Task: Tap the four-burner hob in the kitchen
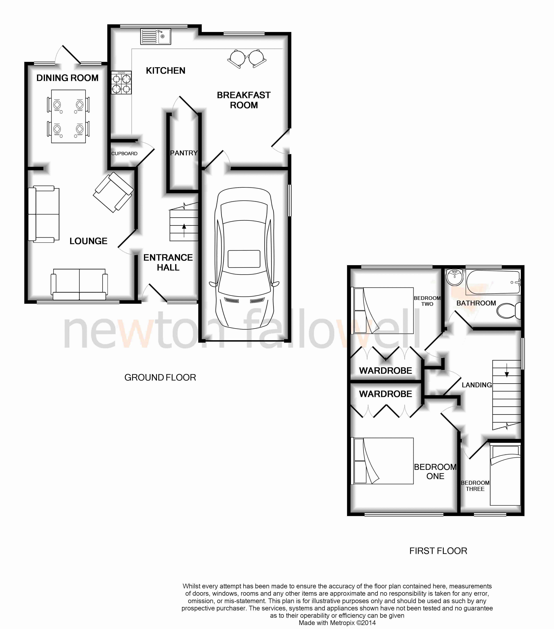[x=121, y=83]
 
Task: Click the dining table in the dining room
[x=68, y=116]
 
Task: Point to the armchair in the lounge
[x=113, y=192]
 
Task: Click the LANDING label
[x=477, y=385]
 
